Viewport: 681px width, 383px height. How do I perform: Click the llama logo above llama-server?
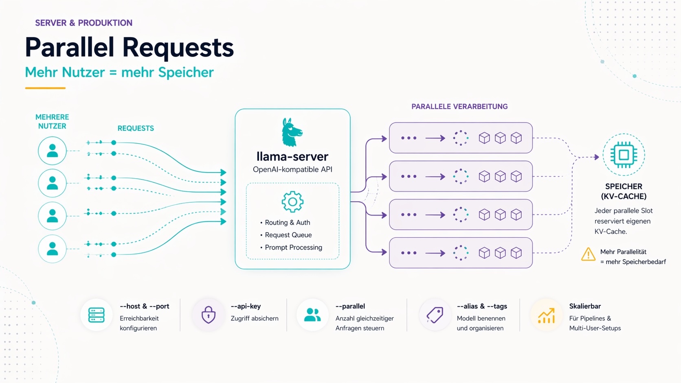pyautogui.click(x=292, y=132)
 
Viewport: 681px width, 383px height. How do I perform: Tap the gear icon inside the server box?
pyautogui.click(x=292, y=202)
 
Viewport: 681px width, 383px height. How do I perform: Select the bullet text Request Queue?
pyautogui.click(x=288, y=235)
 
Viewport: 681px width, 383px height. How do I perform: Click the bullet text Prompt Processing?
pyautogui.click(x=293, y=247)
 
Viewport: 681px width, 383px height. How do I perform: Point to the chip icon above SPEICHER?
pyautogui.click(x=624, y=155)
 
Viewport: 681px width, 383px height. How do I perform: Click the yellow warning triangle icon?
pyautogui.click(x=588, y=254)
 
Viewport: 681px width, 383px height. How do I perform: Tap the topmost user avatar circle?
pyautogui.click(x=52, y=151)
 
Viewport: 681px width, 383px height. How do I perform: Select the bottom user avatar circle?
pyautogui.click(x=52, y=249)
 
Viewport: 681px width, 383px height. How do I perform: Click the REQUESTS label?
pyautogui.click(x=136, y=128)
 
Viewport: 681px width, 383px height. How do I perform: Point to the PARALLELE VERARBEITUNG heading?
pyautogui.click(x=459, y=107)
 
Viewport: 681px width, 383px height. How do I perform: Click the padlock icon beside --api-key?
pyautogui.click(x=209, y=315)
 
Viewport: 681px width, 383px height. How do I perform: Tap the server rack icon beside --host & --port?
pyautogui.click(x=97, y=315)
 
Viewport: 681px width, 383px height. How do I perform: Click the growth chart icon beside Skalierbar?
pyautogui.click(x=546, y=315)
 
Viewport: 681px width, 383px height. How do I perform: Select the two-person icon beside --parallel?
pyautogui.click(x=312, y=315)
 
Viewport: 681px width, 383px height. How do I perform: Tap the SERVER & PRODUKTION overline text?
pyautogui.click(x=83, y=23)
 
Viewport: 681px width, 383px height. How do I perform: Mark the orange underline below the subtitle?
pyautogui.click(x=45, y=88)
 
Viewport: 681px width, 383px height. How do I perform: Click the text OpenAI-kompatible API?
pyautogui.click(x=292, y=169)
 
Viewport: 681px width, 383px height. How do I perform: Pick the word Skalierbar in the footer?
pyautogui.click(x=585, y=306)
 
